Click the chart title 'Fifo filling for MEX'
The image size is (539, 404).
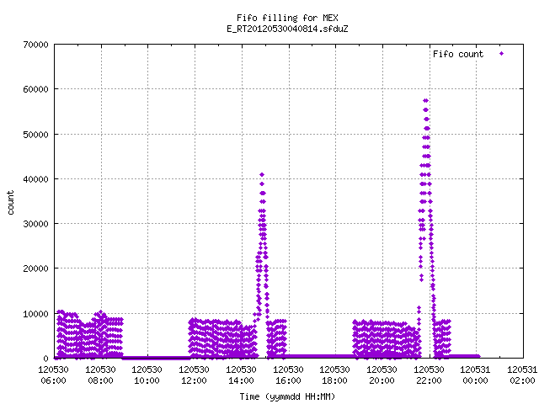[287, 18]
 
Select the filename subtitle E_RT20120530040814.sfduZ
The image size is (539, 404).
[287, 29]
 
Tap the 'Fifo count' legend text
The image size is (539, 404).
[458, 54]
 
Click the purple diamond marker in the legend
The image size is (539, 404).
[502, 54]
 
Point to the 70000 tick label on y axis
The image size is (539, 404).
[35, 45]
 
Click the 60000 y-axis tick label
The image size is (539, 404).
[35, 89]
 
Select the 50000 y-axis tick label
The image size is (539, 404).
[35, 135]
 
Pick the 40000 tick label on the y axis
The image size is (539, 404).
[35, 179]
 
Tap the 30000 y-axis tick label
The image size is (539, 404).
[35, 224]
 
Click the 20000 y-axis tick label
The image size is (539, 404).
[35, 268]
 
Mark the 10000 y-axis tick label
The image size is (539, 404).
[35, 314]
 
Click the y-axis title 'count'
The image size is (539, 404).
[10, 203]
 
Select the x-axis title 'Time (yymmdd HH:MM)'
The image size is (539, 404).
[287, 396]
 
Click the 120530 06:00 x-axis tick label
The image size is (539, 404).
[54, 375]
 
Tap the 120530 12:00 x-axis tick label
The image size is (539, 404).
[195, 375]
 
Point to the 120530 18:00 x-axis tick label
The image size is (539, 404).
[335, 375]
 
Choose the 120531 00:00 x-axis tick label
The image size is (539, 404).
[475, 375]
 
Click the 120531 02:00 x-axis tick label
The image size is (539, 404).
[522, 375]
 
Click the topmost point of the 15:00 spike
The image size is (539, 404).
[262, 175]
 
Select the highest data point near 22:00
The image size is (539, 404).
[425, 101]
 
